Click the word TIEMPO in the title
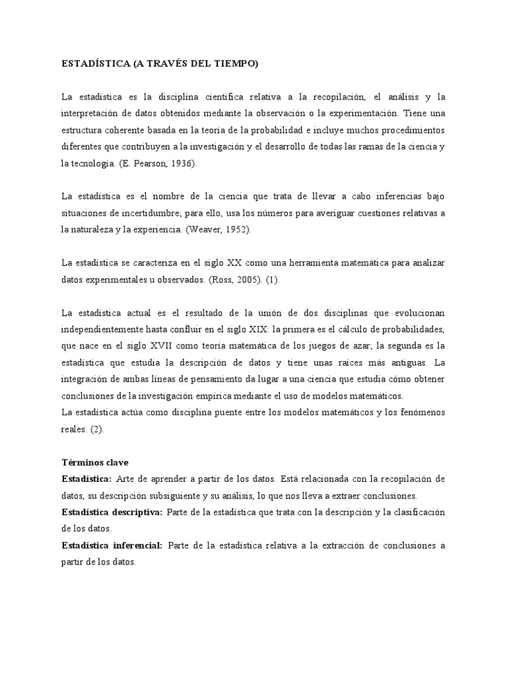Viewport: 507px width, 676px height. pos(235,64)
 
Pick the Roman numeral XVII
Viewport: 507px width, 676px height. pos(146,345)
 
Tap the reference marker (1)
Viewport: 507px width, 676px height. pos(273,279)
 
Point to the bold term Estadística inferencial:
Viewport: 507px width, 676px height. pos(112,545)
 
